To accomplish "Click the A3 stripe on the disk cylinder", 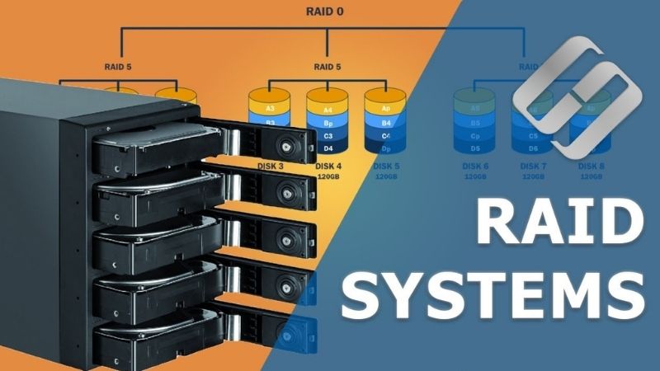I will (270, 109).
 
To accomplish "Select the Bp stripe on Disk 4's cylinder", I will (328, 122).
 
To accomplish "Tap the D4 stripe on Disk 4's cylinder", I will (328, 148).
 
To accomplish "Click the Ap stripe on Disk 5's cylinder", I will (385, 109).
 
